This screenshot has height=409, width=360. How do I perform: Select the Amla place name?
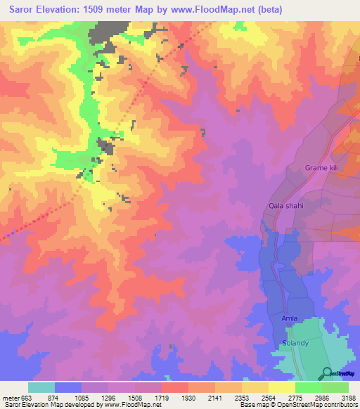pos(290,318)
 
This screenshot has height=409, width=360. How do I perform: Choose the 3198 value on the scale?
pos(347,398)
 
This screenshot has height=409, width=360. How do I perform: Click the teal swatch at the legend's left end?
pos(41,387)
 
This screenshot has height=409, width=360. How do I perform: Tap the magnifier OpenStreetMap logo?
pos(326,372)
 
